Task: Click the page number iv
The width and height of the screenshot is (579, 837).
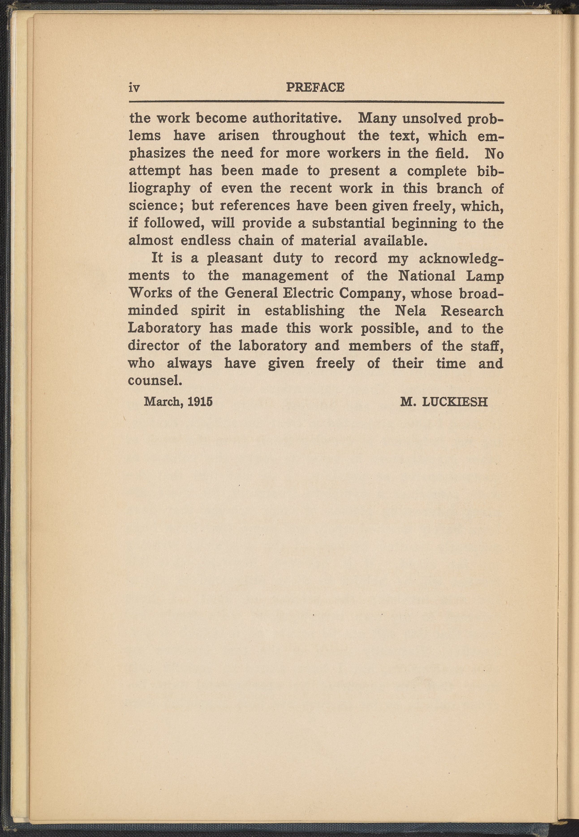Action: pyautogui.click(x=134, y=88)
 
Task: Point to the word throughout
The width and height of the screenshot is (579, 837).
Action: pyautogui.click(x=309, y=136)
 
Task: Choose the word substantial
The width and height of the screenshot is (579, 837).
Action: pyautogui.click(x=348, y=223)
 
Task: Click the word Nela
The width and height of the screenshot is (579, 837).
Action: pyautogui.click(x=410, y=311)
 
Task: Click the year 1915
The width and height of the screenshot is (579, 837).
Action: pyautogui.click(x=200, y=402)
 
